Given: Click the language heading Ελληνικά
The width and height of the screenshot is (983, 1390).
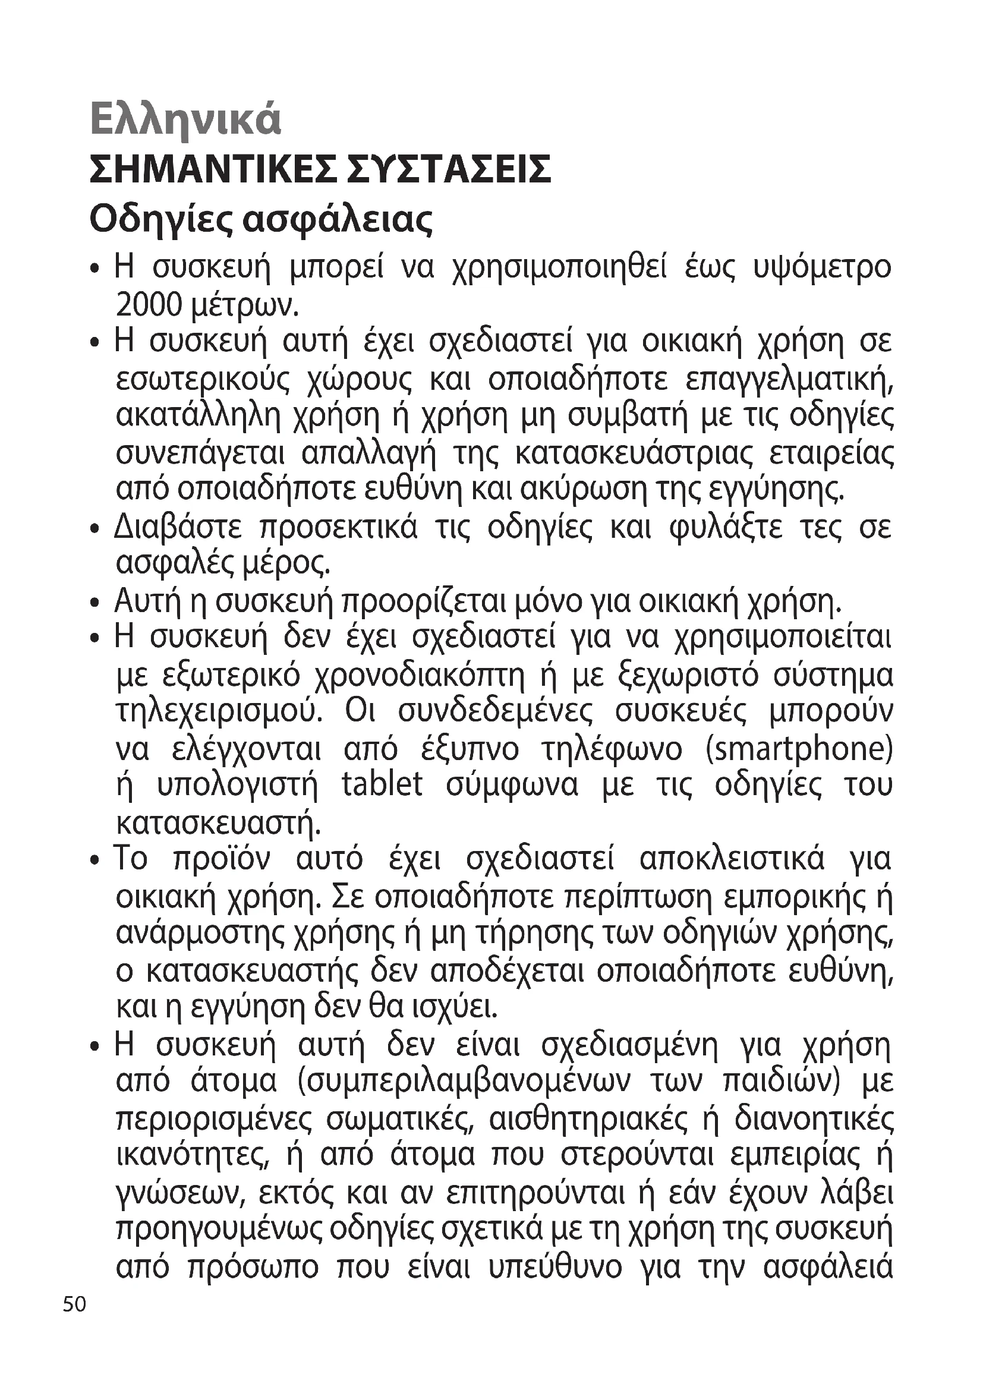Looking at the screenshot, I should tap(185, 119).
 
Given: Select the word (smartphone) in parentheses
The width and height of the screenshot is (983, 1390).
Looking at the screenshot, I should tap(799, 749).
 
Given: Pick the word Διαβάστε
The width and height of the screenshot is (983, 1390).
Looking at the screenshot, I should tap(177, 527).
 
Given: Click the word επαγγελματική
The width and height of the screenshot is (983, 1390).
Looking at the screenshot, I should tap(790, 381).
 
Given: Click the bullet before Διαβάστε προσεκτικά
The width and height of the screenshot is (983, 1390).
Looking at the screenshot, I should tap(94, 529).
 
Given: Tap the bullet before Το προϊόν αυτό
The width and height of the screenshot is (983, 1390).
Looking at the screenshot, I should tap(94, 861).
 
